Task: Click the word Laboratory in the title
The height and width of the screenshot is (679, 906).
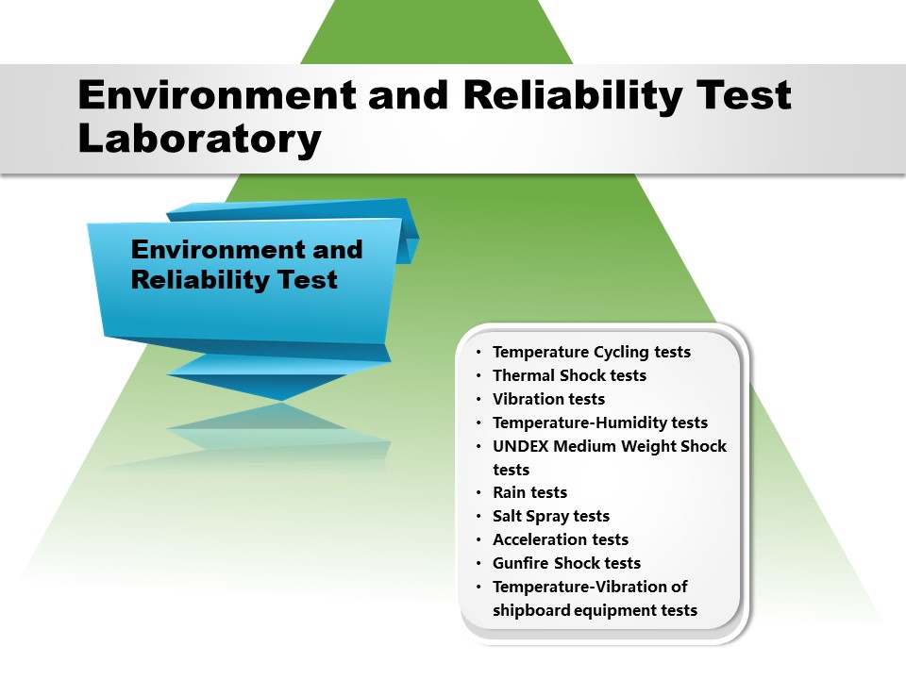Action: [x=199, y=140]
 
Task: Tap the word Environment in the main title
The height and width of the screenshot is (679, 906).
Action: [x=217, y=94]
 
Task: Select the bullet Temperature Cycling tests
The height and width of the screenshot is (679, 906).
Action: [x=592, y=352]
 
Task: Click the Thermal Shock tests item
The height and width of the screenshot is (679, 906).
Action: [x=569, y=375]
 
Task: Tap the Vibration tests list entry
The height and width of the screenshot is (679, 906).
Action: [x=548, y=399]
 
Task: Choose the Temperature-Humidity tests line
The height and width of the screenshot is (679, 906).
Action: [x=600, y=422]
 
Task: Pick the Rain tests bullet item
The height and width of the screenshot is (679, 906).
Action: [x=529, y=492]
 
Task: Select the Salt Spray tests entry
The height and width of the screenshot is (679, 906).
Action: [x=550, y=516]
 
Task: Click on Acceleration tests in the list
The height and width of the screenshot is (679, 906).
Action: [x=561, y=539]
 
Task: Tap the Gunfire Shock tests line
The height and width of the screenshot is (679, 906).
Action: [x=566, y=563]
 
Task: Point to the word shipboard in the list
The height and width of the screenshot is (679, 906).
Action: [x=531, y=610]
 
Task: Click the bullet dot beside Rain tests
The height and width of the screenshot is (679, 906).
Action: [x=478, y=492]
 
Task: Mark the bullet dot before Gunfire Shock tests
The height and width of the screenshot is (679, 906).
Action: [x=478, y=564]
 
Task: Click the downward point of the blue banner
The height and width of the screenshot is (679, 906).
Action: [x=281, y=400]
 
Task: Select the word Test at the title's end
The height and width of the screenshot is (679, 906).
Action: [x=744, y=94]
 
